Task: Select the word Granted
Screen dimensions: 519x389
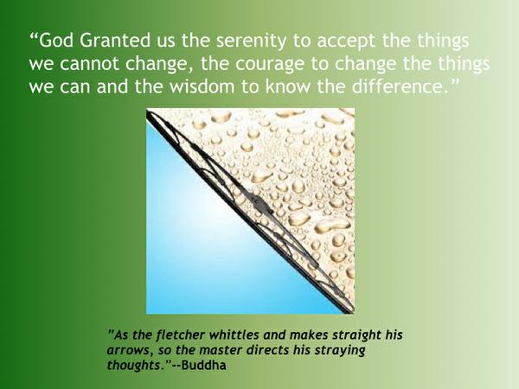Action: pos(115,40)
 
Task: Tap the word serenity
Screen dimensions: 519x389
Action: pos(251,41)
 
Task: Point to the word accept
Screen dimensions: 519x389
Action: pos(346,41)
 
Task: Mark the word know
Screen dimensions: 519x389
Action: pos(288,86)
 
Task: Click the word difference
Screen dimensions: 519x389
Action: pos(400,86)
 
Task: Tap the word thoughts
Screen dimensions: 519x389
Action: pos(136,365)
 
